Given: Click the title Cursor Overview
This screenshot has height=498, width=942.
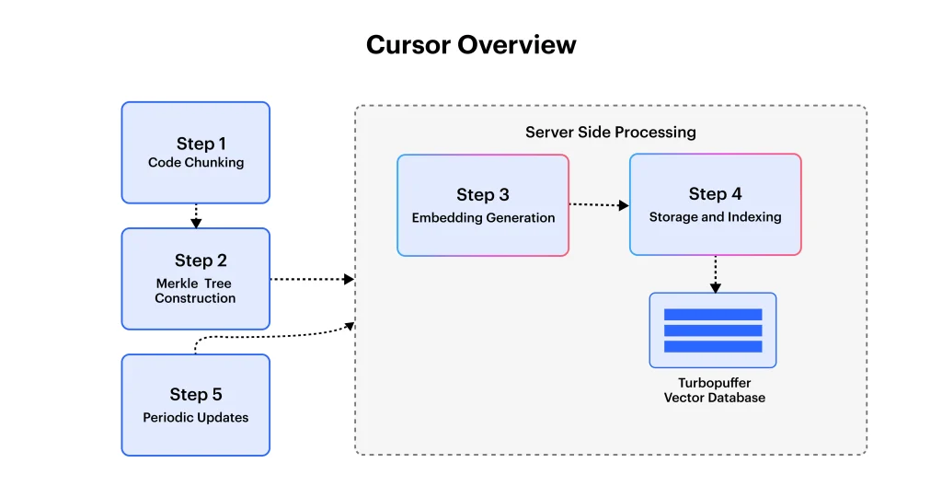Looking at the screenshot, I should click(x=471, y=44).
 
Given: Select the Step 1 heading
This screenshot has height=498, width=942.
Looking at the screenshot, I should click(x=201, y=144).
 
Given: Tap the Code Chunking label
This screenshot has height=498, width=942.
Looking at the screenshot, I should click(x=196, y=163).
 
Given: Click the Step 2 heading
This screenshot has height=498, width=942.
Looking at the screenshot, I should click(x=201, y=261).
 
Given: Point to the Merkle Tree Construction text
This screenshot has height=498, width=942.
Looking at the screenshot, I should click(x=195, y=291).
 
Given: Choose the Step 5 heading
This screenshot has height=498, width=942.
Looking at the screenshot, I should click(x=195, y=394).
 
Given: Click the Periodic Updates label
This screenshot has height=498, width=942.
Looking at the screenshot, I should click(x=195, y=417).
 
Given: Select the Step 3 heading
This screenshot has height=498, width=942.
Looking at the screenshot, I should click(x=482, y=194).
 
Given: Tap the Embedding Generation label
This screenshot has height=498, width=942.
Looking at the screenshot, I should click(x=483, y=218).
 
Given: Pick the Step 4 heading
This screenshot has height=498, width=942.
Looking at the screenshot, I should click(x=715, y=193).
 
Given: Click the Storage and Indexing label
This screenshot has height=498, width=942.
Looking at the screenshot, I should click(x=715, y=217).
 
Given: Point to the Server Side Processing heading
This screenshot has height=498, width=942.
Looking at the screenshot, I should click(x=610, y=132).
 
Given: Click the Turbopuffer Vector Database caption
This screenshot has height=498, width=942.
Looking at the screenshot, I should click(x=714, y=390).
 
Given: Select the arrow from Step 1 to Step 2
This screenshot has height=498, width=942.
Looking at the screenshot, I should click(x=196, y=215).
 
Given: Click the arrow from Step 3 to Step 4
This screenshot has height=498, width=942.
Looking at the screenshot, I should click(x=599, y=204).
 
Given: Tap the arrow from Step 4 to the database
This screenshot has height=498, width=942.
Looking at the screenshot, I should click(x=715, y=274).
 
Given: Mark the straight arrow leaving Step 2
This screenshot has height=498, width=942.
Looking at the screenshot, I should click(x=312, y=279).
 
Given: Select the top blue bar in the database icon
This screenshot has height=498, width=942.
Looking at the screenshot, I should click(x=713, y=315).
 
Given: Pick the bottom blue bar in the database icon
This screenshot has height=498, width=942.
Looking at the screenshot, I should click(x=713, y=346).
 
